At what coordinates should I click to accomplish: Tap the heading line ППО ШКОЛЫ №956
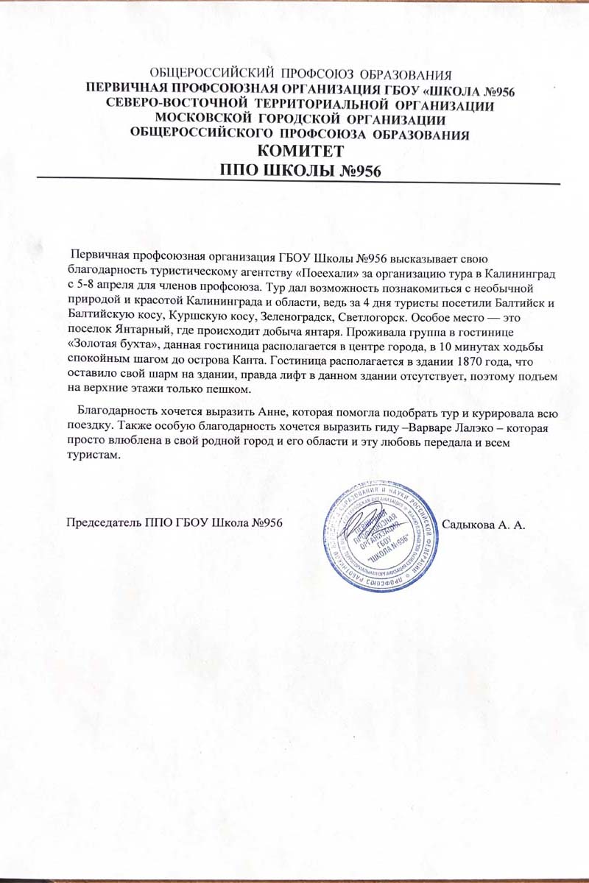[300, 169]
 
